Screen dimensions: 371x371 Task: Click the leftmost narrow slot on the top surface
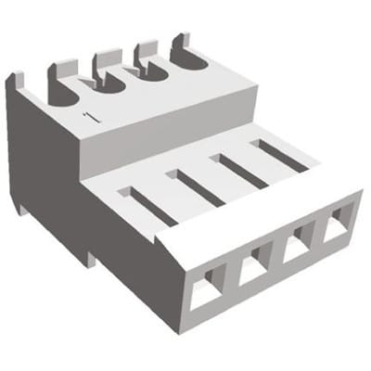[147, 205]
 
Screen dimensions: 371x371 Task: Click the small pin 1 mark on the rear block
[90, 116]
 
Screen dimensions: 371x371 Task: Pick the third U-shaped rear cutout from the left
[149, 71]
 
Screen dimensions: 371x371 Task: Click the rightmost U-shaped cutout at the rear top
[188, 58]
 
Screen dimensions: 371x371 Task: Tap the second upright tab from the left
[62, 69]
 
